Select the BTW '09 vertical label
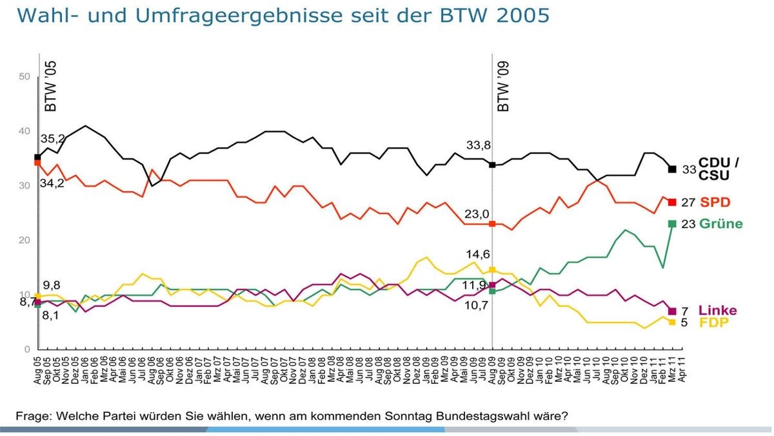click(504, 88)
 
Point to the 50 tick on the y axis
click(25, 77)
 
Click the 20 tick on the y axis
click(25, 240)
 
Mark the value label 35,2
click(52, 139)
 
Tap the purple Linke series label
click(717, 311)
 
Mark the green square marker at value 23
click(672, 223)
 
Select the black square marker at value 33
click(672, 169)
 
